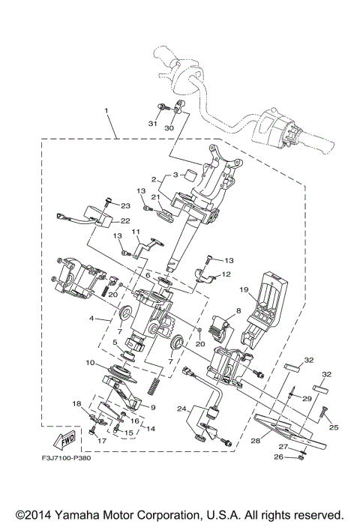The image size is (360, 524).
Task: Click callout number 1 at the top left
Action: (x=107, y=111)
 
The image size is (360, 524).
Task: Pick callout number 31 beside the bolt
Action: (x=152, y=124)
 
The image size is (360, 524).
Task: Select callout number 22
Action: (x=124, y=220)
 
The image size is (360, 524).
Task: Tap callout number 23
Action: (x=125, y=205)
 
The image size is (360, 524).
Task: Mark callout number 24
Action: (x=182, y=409)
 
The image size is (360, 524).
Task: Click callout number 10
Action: (x=90, y=363)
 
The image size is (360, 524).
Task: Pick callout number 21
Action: (x=157, y=197)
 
